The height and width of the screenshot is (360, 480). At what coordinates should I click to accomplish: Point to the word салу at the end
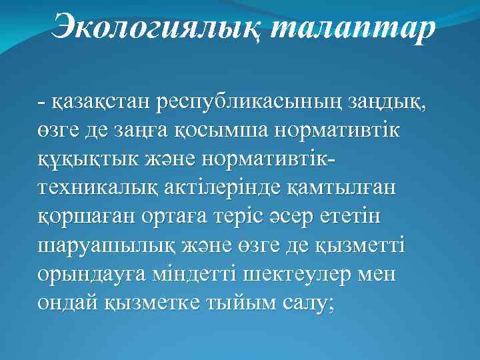(309, 304)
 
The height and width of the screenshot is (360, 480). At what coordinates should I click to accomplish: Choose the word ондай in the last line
(68, 304)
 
